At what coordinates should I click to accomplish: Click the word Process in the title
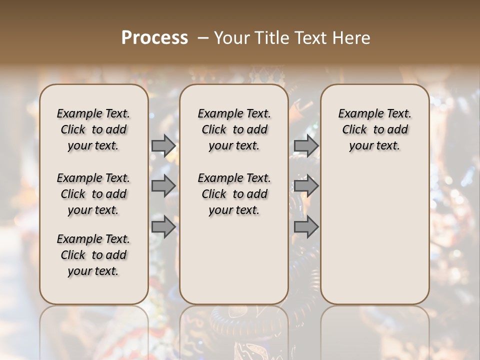point(154,38)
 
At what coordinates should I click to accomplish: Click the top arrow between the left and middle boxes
point(163,145)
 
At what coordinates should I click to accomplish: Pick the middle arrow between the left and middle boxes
point(163,186)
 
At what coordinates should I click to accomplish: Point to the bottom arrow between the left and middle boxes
point(163,227)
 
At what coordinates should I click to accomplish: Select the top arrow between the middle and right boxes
point(306,145)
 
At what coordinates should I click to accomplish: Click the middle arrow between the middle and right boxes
point(306,186)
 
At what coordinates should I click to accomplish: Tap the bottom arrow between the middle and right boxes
point(306,227)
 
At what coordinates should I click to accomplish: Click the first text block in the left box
point(93,129)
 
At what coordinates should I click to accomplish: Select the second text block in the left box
point(93,194)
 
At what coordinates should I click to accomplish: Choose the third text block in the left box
point(93,255)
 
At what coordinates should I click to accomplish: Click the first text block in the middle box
point(234,129)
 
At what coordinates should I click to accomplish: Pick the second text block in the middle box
point(234,194)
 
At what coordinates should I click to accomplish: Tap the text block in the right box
point(375,129)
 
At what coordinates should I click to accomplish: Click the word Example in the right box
point(358,114)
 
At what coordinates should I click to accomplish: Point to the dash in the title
point(202,38)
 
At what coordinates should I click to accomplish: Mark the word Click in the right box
point(354,130)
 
